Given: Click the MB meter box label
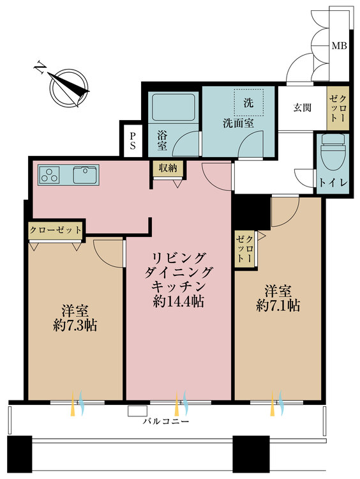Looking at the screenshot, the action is (x=339, y=47).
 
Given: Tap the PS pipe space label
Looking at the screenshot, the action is (x=133, y=141).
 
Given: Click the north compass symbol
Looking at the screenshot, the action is (x=66, y=86).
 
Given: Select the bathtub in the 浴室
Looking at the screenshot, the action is (x=174, y=107).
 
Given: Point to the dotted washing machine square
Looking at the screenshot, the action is (x=248, y=102).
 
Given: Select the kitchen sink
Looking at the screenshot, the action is (x=86, y=175).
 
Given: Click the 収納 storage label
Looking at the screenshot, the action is (x=167, y=168).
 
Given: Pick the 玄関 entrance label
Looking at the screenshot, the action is (x=302, y=107).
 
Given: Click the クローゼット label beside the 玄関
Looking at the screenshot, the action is (x=338, y=108).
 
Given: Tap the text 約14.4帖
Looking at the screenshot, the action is (x=178, y=302).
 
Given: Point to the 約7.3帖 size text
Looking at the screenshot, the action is (x=75, y=326).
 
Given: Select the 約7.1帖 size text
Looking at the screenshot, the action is (x=278, y=305).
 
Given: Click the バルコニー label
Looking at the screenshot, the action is (x=166, y=422).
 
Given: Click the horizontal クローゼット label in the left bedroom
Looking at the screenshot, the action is (x=56, y=230).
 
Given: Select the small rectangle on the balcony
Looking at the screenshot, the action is (x=137, y=411).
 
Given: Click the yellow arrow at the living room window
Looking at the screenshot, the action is (x=176, y=404).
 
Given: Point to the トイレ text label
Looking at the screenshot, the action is (x=333, y=183).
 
